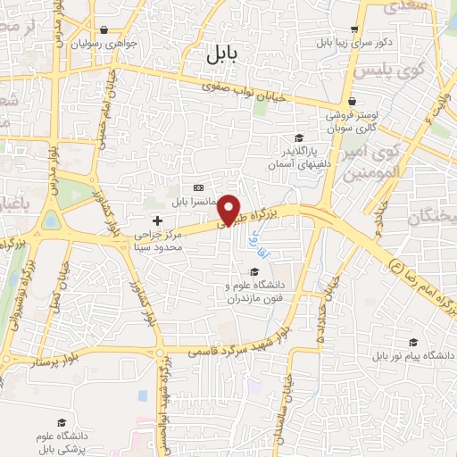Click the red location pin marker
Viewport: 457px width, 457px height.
pos(230,211)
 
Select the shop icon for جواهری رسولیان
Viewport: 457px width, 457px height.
pos(104,29)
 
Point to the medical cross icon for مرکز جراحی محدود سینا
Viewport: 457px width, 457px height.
pos(158,220)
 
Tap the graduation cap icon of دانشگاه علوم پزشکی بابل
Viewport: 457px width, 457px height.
pos(61,422)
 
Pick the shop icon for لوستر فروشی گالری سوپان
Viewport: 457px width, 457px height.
pos(353,102)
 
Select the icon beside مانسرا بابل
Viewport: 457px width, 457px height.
pos(197,187)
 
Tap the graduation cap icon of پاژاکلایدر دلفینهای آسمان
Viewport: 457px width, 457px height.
pos(300,138)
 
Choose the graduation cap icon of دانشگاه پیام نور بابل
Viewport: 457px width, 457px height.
pos(411,341)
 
